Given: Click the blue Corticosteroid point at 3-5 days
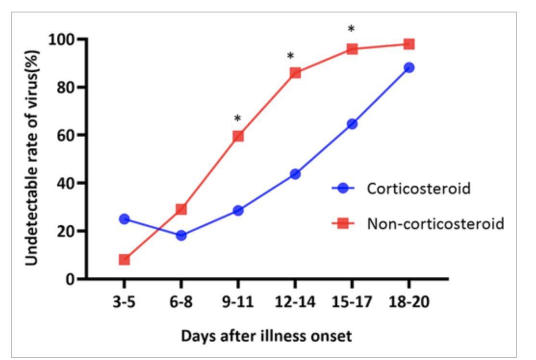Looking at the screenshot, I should pyautogui.click(x=124, y=219).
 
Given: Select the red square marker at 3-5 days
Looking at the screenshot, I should pyautogui.click(x=124, y=260).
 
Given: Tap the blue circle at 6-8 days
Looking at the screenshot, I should pyautogui.click(x=181, y=235).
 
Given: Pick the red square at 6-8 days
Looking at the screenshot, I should pyautogui.click(x=181, y=209).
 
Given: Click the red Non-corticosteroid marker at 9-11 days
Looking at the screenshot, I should pyautogui.click(x=238, y=136).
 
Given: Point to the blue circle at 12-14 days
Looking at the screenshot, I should pyautogui.click(x=295, y=174).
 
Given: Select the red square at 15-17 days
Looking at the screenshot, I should pyautogui.click(x=352, y=49).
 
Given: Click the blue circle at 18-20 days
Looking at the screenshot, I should pyautogui.click(x=409, y=67).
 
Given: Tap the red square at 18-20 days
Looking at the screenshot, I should pyautogui.click(x=409, y=44).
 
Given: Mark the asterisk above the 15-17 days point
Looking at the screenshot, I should pyautogui.click(x=351, y=29).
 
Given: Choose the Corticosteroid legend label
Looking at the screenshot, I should pyautogui.click(x=418, y=188).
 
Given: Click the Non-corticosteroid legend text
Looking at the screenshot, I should pyautogui.click(x=435, y=223).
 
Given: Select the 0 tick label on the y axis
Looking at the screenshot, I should pyautogui.click(x=70, y=279).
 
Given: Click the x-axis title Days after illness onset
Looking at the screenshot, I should pyautogui.click(x=266, y=336).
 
